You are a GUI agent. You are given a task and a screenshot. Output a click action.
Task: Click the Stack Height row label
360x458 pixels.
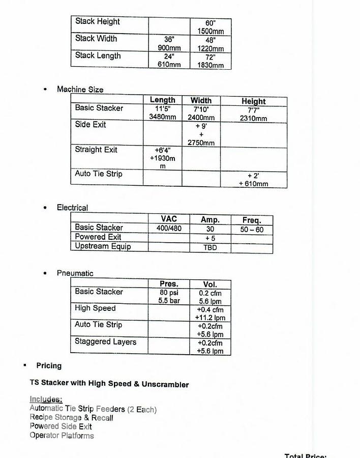coord(98,21)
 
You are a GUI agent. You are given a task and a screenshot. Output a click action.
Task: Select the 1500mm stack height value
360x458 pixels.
coord(211,32)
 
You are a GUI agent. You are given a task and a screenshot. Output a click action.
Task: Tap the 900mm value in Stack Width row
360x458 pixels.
coord(169,48)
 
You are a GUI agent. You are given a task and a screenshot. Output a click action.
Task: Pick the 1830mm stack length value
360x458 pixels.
coord(211,66)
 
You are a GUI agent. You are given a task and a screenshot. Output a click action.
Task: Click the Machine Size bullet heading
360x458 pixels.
coord(80,90)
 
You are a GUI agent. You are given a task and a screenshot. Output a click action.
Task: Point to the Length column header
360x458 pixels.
coord(163,100)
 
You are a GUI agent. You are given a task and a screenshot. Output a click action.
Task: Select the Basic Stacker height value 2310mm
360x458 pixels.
coord(253,119)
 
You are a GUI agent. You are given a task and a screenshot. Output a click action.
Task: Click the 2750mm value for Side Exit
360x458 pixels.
coord(201,143)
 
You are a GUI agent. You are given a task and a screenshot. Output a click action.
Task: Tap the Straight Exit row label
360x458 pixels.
coord(96,150)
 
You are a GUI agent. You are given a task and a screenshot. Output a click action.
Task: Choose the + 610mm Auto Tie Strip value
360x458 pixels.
coord(253,184)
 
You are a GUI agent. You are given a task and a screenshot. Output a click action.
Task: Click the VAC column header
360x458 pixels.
coord(168,219)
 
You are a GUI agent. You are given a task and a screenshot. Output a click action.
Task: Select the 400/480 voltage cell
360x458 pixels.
coord(169,228)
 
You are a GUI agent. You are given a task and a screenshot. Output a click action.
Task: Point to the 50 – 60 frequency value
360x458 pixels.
coord(252,230)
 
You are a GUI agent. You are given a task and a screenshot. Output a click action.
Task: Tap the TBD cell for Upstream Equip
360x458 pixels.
coord(210,247)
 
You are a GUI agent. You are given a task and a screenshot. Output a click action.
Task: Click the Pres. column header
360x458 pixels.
coord(169,284)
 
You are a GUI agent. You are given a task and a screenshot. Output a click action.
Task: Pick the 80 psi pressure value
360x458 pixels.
coord(169,293)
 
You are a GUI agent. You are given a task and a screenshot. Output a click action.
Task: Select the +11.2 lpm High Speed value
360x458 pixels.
coord(210,318)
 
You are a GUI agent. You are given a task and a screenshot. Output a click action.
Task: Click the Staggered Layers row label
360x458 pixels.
coord(105,342)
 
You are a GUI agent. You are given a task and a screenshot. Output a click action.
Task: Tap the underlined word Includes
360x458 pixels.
coord(46,399)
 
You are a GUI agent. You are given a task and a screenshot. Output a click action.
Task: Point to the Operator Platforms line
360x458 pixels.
coord(62,436)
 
